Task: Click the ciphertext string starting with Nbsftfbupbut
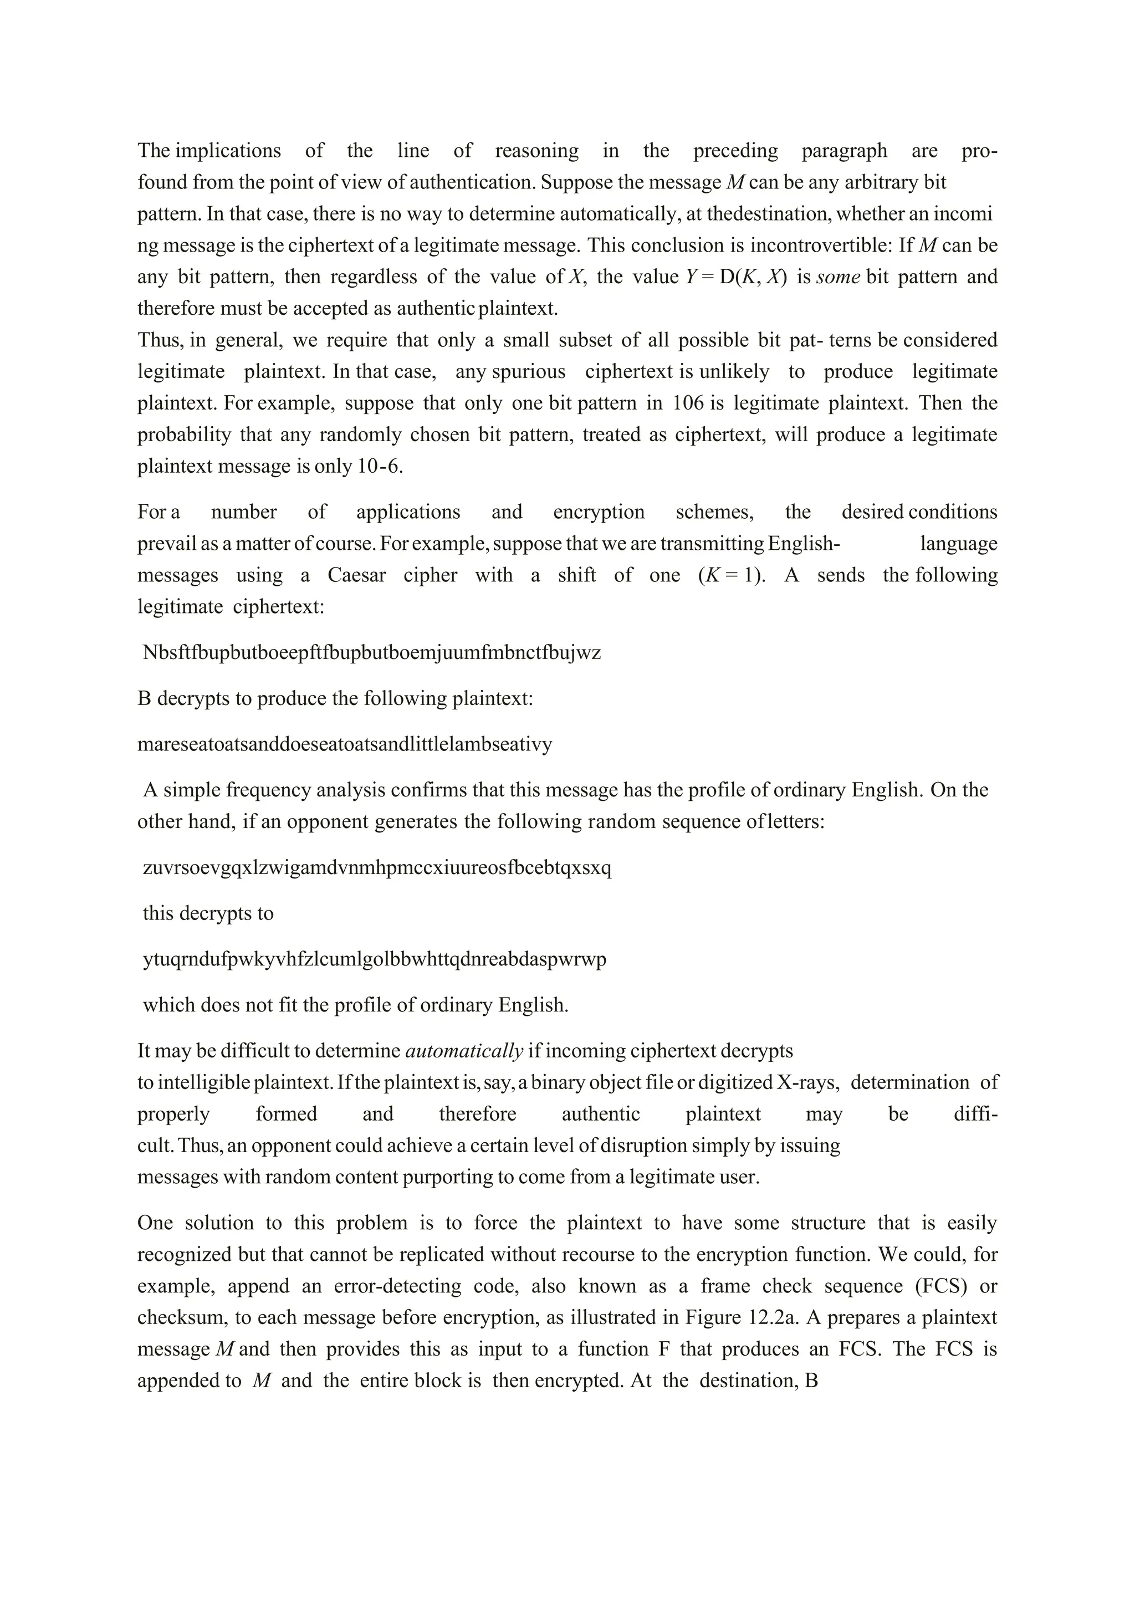[371, 652]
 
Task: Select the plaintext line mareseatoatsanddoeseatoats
[345, 744]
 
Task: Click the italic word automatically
[464, 1051]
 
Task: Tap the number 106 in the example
[688, 403]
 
